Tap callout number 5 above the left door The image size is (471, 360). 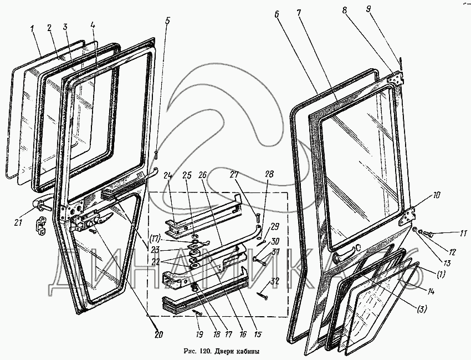tap(168, 23)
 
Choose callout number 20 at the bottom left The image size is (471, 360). tap(158, 335)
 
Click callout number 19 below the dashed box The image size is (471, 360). tap(198, 335)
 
